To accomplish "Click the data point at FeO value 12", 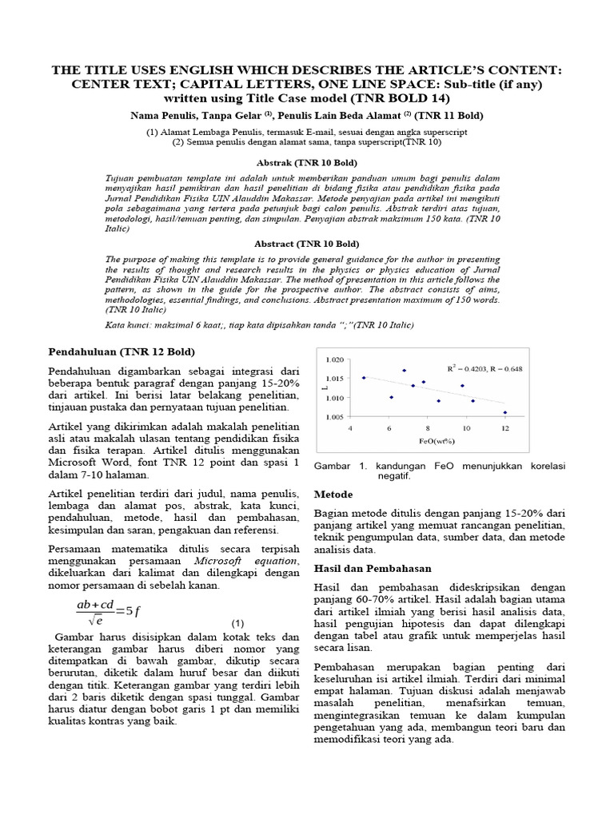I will (x=504, y=412).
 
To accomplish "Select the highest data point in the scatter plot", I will (x=404, y=370).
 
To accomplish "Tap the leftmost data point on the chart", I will (x=364, y=378).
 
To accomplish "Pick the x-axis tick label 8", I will (x=428, y=429).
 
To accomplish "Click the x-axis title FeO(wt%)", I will (x=427, y=440).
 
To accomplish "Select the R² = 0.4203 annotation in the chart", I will (x=480, y=368).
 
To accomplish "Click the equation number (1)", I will (x=237, y=623).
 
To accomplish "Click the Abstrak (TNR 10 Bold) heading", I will (x=306, y=161).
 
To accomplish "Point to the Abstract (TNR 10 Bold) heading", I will (x=306, y=243).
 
